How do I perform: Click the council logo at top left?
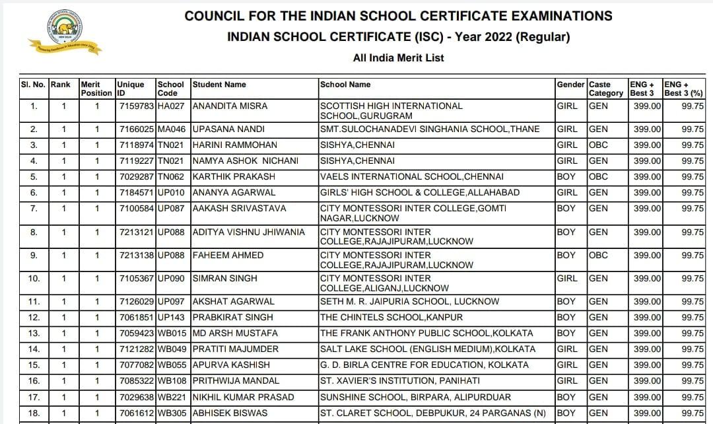(x=64, y=32)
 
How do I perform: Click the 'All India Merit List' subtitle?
(x=398, y=58)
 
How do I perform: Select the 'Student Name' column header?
(x=219, y=85)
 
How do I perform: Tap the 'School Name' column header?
(x=345, y=85)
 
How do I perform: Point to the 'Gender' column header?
(x=570, y=85)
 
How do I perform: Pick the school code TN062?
(x=171, y=176)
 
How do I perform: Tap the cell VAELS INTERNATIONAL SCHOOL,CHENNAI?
(x=411, y=176)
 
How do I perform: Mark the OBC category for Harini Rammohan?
(x=599, y=145)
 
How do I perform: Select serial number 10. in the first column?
(x=34, y=278)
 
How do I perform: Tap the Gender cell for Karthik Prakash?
(x=566, y=176)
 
